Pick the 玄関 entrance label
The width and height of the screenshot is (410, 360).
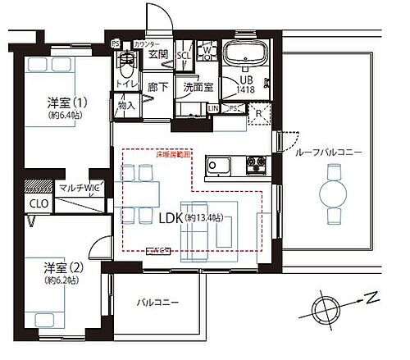[158, 55]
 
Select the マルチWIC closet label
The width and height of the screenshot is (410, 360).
[79, 188]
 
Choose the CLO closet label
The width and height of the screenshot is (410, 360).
[39, 204]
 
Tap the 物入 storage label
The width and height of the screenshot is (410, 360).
[126, 105]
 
